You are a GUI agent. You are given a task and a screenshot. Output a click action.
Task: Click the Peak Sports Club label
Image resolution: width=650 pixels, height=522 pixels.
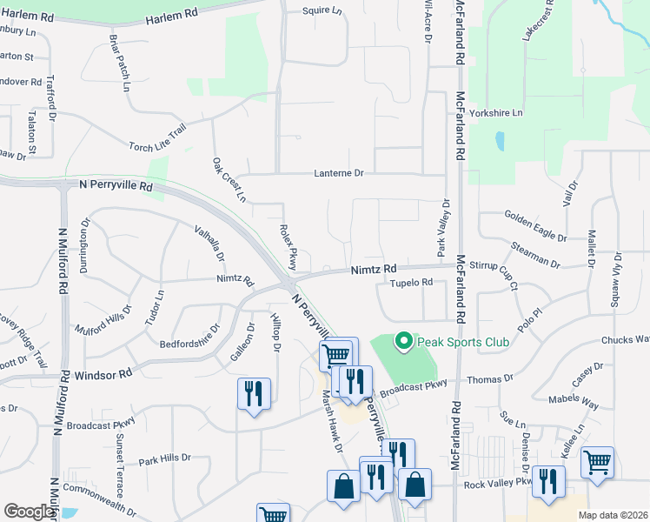pos(463,341)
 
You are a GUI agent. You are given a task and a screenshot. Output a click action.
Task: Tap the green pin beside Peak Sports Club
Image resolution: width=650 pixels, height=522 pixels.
pos(403,341)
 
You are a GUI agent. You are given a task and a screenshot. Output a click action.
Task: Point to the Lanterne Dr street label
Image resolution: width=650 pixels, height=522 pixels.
pos(339,174)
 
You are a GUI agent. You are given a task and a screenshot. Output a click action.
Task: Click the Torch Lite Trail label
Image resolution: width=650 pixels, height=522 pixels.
pos(157,137)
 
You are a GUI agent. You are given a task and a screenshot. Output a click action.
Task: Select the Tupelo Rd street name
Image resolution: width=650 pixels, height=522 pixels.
pos(411,283)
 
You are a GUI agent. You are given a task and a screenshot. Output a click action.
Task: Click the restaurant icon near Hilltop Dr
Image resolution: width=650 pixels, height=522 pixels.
pos(254,393)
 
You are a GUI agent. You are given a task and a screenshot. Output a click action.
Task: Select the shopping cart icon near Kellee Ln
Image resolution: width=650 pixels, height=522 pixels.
pos(597,462)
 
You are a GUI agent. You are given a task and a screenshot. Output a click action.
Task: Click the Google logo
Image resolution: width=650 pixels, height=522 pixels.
pos(30,512)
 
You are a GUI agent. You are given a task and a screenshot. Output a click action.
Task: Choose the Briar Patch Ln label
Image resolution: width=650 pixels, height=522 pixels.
pos(119,64)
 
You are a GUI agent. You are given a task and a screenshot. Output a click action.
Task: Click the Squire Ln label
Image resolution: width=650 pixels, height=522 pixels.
pos(324,10)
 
